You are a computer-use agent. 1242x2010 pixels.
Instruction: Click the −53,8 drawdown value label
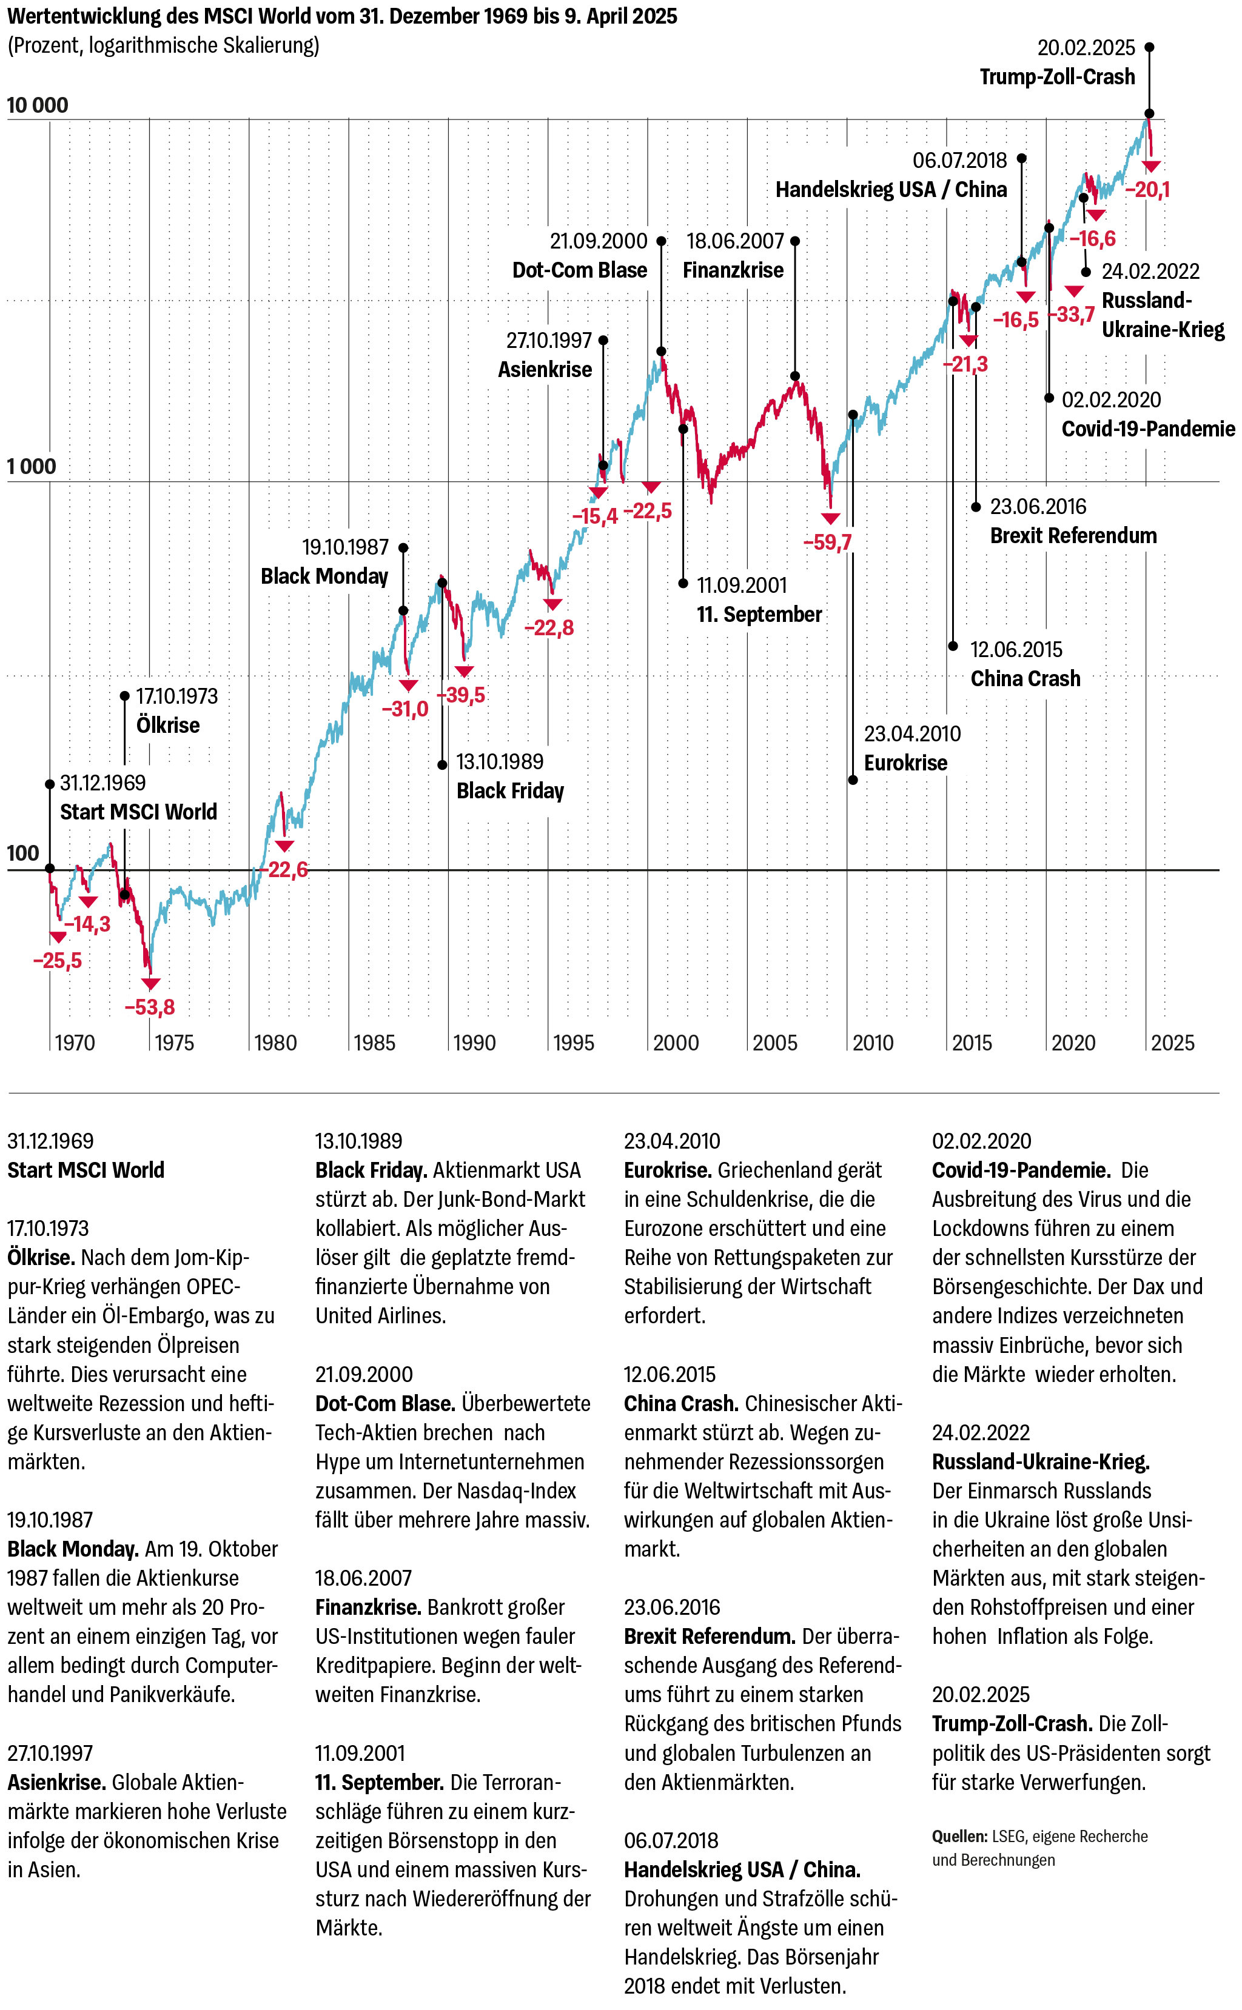click(150, 1007)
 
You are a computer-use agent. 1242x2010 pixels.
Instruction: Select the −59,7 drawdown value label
click(827, 542)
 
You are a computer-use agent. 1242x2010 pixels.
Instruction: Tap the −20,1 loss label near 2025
click(1147, 190)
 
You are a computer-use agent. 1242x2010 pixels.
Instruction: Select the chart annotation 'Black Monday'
click(324, 576)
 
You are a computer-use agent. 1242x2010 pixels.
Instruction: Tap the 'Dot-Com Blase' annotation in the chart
click(579, 270)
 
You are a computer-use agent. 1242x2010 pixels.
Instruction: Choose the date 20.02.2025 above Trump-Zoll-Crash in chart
click(1086, 48)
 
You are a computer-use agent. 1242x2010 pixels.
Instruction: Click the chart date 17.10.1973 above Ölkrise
click(176, 696)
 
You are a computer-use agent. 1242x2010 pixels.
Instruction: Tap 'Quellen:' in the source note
click(959, 1836)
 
